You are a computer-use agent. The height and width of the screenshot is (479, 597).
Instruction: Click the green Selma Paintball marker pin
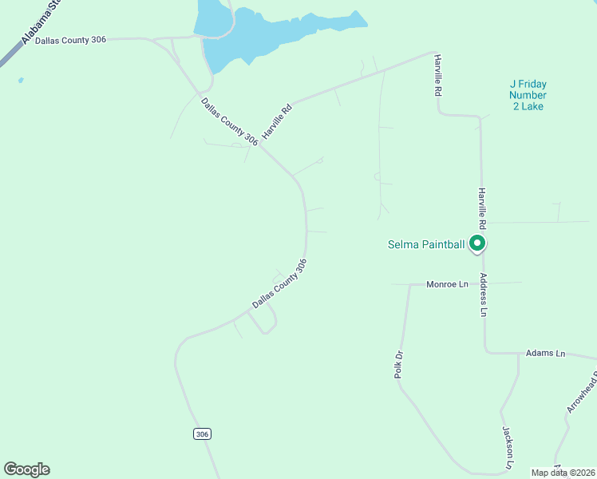click(477, 243)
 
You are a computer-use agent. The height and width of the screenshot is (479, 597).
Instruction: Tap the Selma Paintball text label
click(425, 244)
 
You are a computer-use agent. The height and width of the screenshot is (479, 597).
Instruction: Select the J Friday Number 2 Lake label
click(528, 95)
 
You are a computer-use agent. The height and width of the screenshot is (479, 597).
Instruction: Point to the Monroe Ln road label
click(447, 284)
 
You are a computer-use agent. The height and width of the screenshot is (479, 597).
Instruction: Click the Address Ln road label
click(483, 295)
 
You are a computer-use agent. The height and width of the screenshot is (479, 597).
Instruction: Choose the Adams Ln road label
click(545, 353)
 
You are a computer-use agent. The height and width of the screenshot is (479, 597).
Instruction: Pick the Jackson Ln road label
click(508, 448)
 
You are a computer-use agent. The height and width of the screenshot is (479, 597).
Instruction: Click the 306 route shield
click(202, 433)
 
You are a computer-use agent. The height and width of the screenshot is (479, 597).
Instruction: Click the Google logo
click(26, 469)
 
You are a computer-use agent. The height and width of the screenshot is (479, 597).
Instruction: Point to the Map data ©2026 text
click(563, 473)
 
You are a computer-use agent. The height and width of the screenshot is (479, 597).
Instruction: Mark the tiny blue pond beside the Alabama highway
click(20, 80)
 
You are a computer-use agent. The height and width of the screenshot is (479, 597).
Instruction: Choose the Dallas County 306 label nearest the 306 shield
click(279, 283)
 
